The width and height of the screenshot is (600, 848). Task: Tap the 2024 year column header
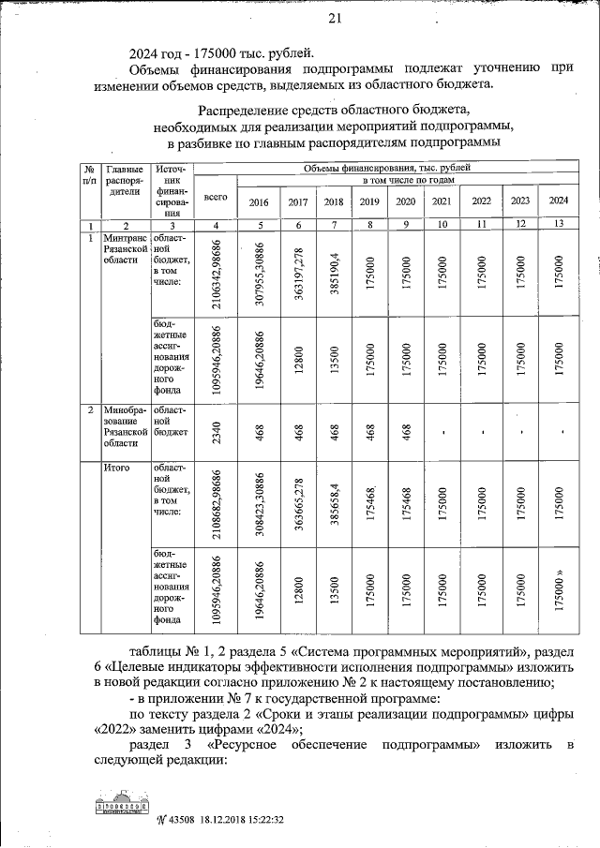click(559, 201)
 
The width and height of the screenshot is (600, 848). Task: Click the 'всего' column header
click(217, 199)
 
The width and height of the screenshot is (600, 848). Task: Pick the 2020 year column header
click(406, 201)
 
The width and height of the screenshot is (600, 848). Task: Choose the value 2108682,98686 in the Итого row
click(217, 502)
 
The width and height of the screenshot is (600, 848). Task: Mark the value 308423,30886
click(260, 502)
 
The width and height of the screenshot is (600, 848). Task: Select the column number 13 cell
click(559, 225)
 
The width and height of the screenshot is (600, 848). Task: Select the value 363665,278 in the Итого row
click(298, 502)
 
